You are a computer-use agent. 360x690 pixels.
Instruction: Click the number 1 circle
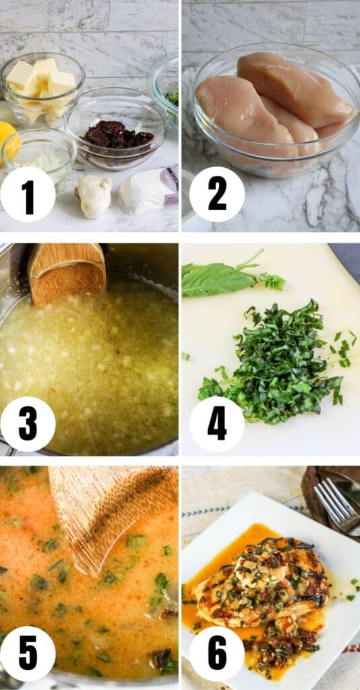tap(28, 195)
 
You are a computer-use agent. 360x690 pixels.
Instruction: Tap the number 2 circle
tap(217, 195)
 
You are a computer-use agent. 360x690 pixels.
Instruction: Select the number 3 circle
tap(28, 424)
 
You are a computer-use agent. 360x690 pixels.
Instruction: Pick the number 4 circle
tap(217, 424)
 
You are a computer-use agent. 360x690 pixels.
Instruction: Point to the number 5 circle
tap(28, 654)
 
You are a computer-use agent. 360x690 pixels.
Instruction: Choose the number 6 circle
tap(217, 654)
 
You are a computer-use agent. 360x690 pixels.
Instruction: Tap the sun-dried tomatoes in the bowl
tap(118, 134)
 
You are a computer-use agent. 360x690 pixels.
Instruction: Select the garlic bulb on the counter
tap(93, 195)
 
